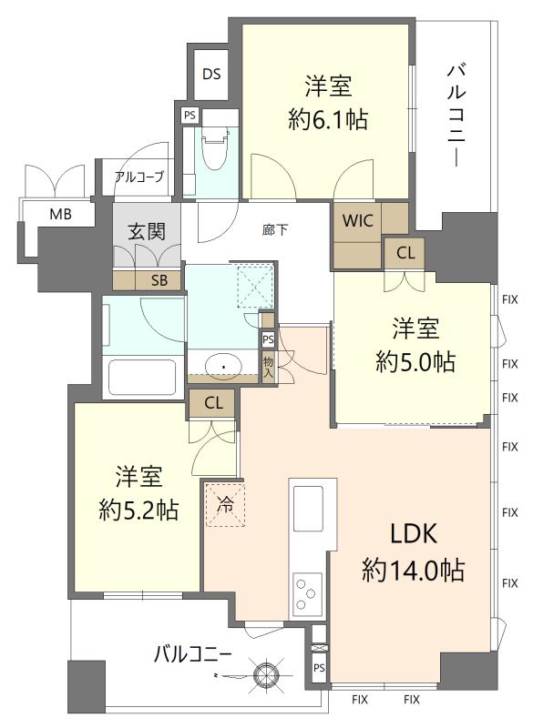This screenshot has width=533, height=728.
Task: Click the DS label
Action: (x=211, y=74)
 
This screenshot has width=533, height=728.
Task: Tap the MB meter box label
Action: (x=61, y=214)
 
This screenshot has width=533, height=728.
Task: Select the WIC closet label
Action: (x=358, y=220)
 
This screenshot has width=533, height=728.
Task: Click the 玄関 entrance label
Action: (x=147, y=231)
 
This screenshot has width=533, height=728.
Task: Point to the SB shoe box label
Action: (x=159, y=280)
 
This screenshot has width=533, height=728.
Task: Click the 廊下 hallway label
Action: (x=275, y=230)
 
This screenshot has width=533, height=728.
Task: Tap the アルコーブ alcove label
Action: (x=139, y=177)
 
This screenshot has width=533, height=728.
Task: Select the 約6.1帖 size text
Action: (x=328, y=119)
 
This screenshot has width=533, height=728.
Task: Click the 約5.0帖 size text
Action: (x=415, y=361)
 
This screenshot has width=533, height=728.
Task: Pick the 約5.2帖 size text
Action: (x=138, y=510)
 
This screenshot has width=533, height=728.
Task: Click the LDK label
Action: (x=413, y=533)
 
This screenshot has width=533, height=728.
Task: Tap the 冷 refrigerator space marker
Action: (x=225, y=505)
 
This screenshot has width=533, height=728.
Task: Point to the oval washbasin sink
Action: (x=224, y=367)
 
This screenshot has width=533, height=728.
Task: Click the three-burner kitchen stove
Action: (x=307, y=592)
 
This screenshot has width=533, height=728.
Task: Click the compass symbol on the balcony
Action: (x=266, y=673)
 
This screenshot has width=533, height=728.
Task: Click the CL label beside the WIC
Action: (x=405, y=253)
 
